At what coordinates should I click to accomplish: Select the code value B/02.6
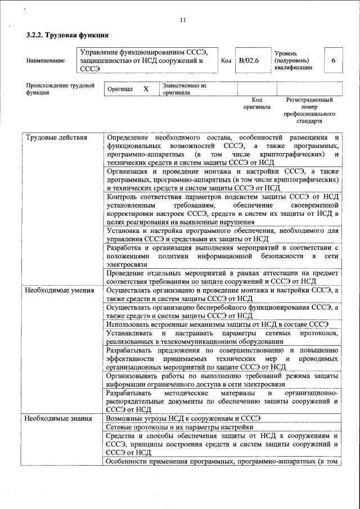(x=248, y=60)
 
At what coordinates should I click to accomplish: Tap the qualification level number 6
(x=333, y=60)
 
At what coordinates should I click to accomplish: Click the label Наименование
(x=45, y=60)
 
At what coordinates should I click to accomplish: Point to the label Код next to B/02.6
(x=226, y=60)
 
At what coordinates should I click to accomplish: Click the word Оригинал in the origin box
(x=120, y=89)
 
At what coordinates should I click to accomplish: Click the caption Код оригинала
(x=256, y=103)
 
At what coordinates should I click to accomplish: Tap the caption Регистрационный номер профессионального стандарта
(x=309, y=110)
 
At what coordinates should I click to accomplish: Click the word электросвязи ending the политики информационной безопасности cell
(x=127, y=264)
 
